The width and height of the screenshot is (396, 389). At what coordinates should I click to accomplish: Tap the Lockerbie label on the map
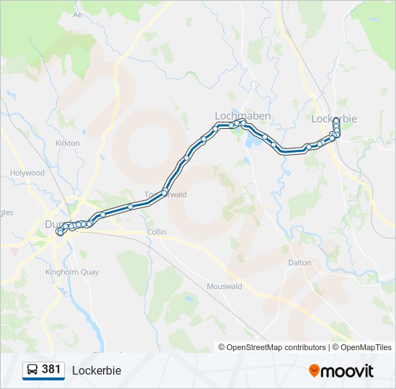[x=334, y=118]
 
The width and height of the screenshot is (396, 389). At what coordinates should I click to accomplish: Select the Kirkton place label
[x=68, y=143]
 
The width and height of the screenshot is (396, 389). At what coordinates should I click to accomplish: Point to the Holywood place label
[x=27, y=173]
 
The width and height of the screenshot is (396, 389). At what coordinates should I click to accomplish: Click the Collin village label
[x=156, y=232]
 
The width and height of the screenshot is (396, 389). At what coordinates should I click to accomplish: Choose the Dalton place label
[x=300, y=263]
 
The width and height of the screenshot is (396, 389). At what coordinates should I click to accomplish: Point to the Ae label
[x=78, y=14]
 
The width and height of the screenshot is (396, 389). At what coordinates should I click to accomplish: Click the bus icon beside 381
[x=32, y=370]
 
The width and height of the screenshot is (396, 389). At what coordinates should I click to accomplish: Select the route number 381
[x=51, y=370]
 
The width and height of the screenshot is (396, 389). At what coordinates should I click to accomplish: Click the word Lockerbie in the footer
[x=96, y=370]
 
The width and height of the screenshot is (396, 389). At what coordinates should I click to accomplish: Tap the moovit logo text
[x=347, y=371]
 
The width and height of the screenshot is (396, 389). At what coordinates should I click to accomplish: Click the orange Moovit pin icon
[x=314, y=371]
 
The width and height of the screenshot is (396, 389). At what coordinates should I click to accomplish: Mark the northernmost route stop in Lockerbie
[x=336, y=120]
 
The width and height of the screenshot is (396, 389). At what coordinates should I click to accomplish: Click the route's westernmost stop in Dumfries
[x=60, y=232]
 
